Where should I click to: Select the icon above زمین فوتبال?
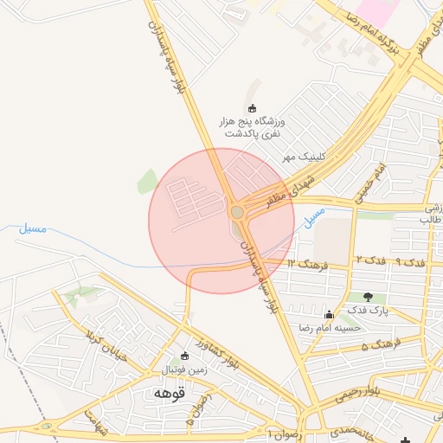click(183, 356)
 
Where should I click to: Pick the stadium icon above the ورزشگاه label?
click(253, 108)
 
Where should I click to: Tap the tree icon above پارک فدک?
click(369, 297)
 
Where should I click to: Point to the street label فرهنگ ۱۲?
click(308, 261)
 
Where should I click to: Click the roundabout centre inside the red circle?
click(237, 212)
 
